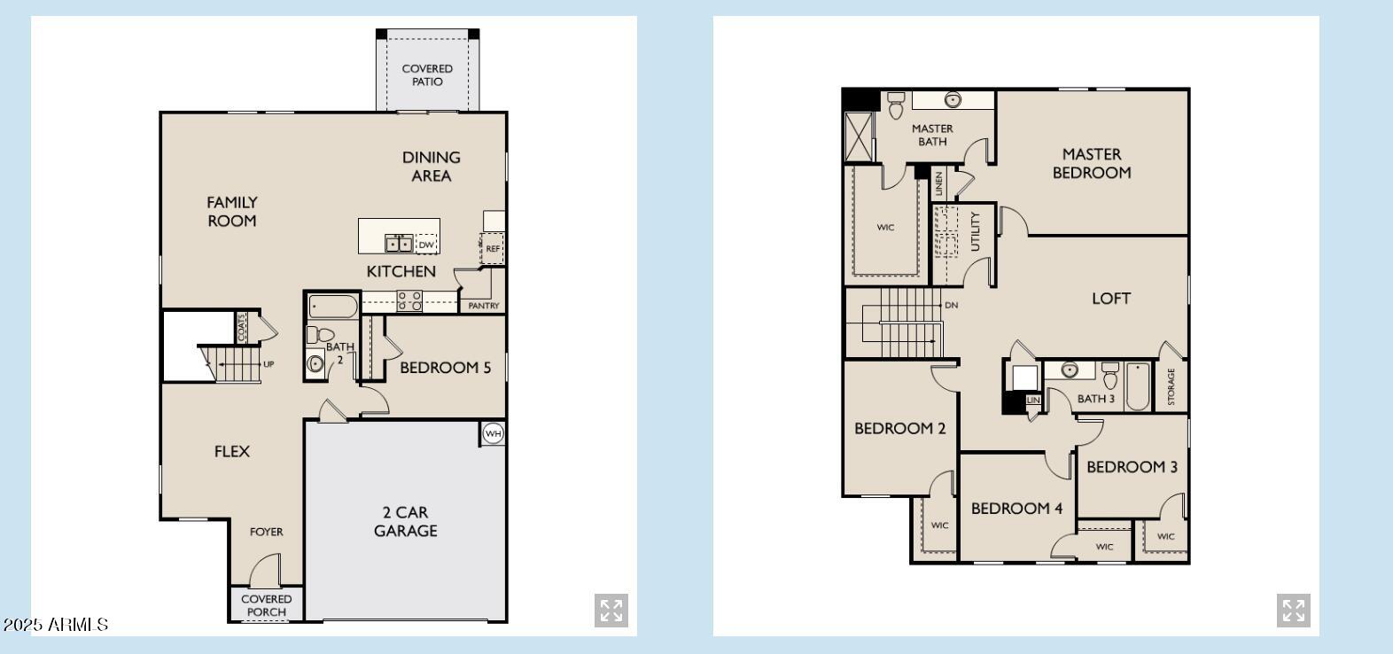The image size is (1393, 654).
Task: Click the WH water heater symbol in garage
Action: tap(493, 433)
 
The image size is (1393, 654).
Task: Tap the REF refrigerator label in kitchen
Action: tap(493, 249)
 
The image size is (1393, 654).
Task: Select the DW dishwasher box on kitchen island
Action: tap(426, 245)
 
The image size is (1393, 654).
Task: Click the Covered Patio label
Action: tap(427, 74)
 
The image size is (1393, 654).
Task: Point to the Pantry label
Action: tap(483, 306)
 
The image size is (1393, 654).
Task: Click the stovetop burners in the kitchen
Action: tap(409, 300)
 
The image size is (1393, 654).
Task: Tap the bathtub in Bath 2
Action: tap(333, 308)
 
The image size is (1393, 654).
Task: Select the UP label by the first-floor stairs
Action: tap(268, 364)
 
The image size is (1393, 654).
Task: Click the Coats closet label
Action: tap(241, 327)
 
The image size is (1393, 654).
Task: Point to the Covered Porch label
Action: tap(266, 605)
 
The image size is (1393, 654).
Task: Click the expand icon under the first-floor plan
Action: tap(611, 611)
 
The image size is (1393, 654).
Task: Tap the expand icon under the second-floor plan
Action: tap(1293, 611)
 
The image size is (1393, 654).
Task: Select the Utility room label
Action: tap(975, 231)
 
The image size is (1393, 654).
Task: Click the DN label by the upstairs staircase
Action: tap(951, 305)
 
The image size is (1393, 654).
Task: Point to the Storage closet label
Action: tap(1171, 387)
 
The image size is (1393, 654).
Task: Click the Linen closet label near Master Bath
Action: tap(939, 184)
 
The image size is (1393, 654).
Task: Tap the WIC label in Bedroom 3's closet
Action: tap(1165, 536)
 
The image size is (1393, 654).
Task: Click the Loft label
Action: tap(1110, 299)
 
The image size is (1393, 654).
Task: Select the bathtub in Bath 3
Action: tap(1138, 386)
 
